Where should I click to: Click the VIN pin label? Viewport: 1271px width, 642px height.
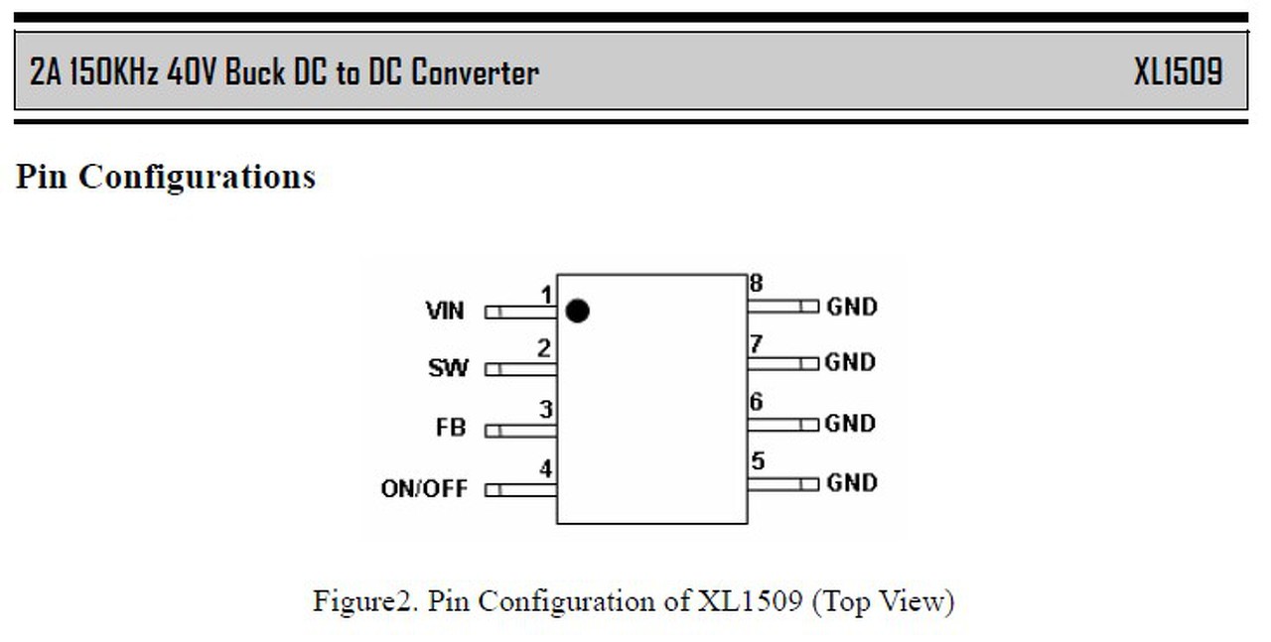pos(444,311)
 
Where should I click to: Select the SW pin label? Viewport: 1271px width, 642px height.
pos(448,368)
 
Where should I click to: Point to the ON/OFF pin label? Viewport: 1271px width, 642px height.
pos(424,489)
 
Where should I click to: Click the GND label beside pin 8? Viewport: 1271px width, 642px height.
pos(852,307)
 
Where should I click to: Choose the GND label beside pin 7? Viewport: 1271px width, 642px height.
pos(852,362)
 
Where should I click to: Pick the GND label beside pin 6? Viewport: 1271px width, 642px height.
pos(852,424)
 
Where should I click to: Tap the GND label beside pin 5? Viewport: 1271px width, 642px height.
pos(852,483)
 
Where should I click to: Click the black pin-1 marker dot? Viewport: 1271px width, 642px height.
pos(577,312)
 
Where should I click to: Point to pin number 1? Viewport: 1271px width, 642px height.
pos(546,294)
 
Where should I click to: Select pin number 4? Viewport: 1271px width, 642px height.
pos(545,468)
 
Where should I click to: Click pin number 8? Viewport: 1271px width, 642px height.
pos(757,284)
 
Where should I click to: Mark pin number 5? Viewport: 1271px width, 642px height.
pos(758,461)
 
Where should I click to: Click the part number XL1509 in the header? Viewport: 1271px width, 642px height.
pos(1179,72)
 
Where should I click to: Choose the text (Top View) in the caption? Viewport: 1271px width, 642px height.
pos(883,601)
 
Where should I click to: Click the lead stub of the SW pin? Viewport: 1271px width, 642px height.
pos(520,369)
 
